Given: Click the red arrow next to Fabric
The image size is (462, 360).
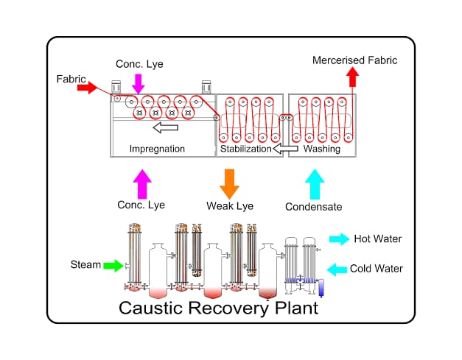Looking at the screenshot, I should point(87,88).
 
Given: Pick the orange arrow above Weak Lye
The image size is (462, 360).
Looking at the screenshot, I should point(229,182).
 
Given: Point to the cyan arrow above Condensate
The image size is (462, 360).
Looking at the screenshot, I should point(315,182).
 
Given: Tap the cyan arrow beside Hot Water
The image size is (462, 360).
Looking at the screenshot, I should point(340,239).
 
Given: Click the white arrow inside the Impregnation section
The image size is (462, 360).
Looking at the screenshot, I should point(167,128).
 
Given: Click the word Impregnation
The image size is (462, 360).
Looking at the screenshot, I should point(157,149).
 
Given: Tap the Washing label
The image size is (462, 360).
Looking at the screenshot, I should point(322,149).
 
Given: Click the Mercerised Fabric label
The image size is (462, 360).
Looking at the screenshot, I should point(354,60).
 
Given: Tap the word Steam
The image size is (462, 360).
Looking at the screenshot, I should point(85,264).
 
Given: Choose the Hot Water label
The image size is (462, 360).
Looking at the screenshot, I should point(378,239).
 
